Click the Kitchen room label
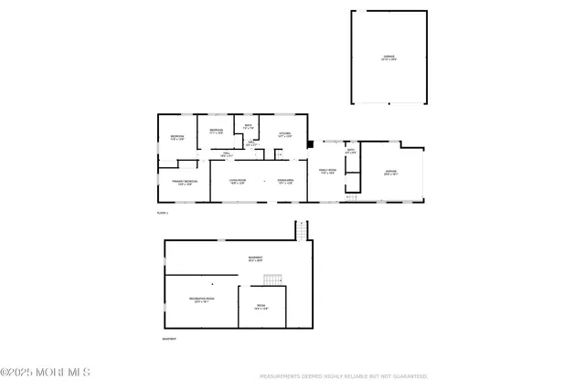point(284,135)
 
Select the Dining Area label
point(285,182)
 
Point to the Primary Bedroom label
point(185,182)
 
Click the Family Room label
point(327,172)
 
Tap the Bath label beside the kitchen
point(248,126)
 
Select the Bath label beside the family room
point(351,151)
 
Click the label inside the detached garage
point(388,58)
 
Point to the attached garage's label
point(390,172)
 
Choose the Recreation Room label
point(201,300)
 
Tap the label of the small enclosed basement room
point(261,307)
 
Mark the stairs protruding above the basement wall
point(301,231)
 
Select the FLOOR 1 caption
point(163,213)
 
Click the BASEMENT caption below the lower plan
point(170,339)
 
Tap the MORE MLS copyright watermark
point(46,372)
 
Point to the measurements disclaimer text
point(344,375)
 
